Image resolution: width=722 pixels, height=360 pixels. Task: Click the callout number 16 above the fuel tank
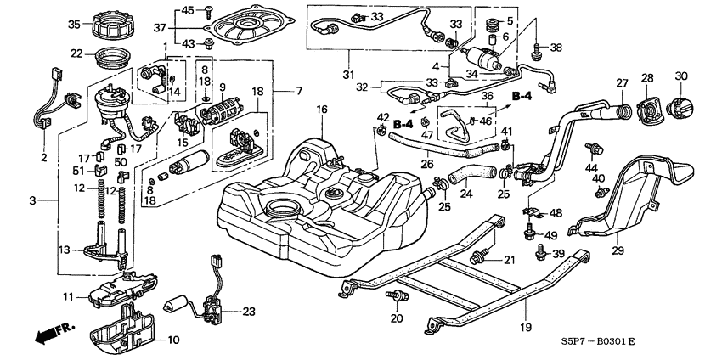tap(322, 110)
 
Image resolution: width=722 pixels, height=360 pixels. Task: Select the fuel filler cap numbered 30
tap(681, 109)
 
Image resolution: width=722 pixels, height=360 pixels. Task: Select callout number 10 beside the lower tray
tap(174, 340)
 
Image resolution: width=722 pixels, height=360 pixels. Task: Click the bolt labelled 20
tap(396, 297)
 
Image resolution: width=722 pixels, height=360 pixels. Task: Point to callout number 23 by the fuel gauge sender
tap(248, 312)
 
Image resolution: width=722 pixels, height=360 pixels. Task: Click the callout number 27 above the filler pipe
tap(621, 83)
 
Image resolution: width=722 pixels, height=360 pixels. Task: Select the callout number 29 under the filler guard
tap(618, 250)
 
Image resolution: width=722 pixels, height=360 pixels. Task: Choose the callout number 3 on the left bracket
tap(33, 200)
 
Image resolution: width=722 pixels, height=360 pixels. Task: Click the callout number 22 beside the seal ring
tap(76, 53)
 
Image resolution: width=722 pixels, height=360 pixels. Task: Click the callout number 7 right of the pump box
tap(298, 90)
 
